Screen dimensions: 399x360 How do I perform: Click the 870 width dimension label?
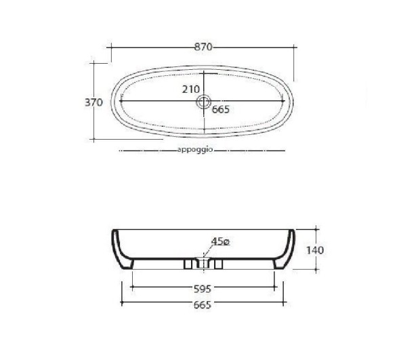click(x=203, y=47)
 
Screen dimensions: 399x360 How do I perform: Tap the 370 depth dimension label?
click(x=93, y=102)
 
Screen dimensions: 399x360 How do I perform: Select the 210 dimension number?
click(x=191, y=89)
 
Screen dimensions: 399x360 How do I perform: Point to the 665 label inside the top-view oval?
click(x=221, y=109)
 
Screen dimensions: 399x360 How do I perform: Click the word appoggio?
click(x=195, y=150)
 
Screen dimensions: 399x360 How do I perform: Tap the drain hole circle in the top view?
click(x=204, y=102)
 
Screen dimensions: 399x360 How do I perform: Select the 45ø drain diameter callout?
click(x=220, y=241)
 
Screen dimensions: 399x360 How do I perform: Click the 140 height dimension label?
click(x=315, y=250)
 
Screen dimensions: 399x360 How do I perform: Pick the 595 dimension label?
click(x=203, y=289)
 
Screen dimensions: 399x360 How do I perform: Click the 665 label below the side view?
click(x=203, y=305)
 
